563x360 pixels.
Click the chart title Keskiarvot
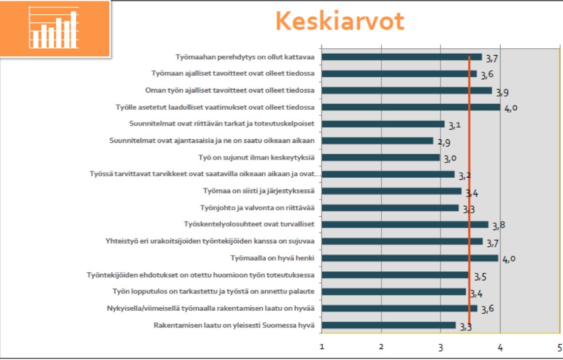click(x=340, y=21)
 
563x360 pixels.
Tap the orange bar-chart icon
click(x=55, y=29)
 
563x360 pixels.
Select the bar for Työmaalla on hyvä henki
click(x=410, y=258)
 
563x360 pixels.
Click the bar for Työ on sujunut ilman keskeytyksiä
click(x=380, y=158)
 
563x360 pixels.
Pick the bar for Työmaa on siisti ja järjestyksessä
click(x=391, y=191)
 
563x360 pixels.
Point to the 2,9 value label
click(x=444, y=142)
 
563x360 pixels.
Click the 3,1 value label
click(x=454, y=126)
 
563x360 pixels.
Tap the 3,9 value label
click(x=502, y=92)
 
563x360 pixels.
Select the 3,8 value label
click(x=499, y=226)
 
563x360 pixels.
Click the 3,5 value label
click(x=480, y=277)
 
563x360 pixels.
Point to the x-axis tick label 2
click(x=381, y=347)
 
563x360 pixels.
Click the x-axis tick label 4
click(x=500, y=347)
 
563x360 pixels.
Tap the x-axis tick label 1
click(x=322, y=347)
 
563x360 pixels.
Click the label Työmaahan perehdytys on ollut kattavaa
click(x=245, y=57)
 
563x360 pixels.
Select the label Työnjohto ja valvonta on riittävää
click(x=257, y=208)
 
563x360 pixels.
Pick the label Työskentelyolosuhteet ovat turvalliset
click(x=249, y=224)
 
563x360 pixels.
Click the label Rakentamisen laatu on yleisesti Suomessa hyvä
click(x=234, y=325)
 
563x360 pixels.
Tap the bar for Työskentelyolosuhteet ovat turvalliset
click(x=405, y=225)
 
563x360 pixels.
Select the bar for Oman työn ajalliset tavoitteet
click(x=407, y=91)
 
